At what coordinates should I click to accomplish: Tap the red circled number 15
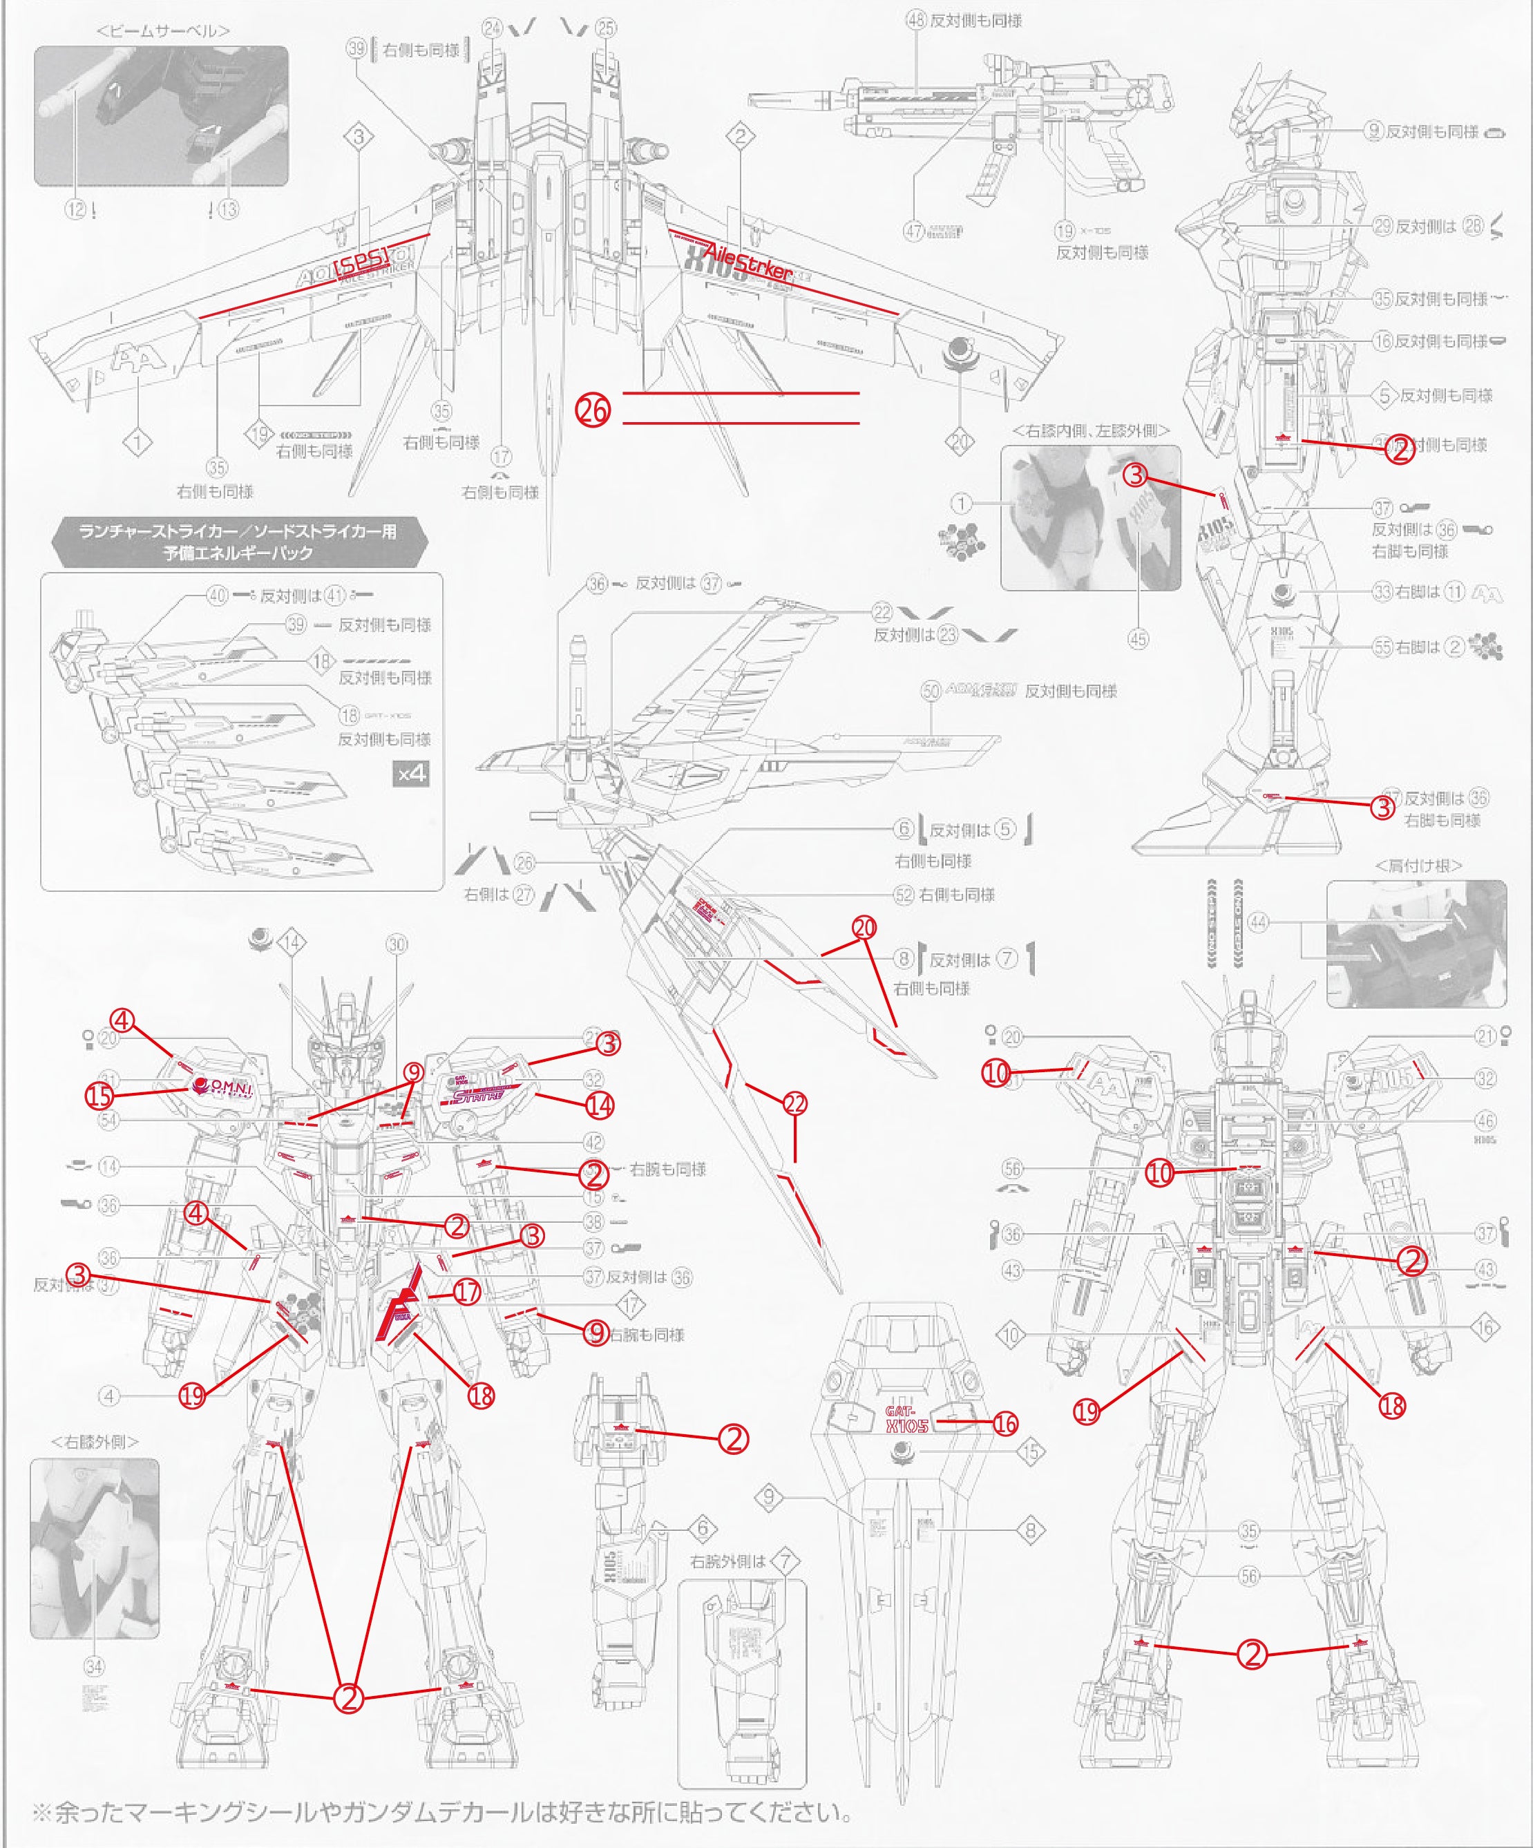[99, 1096]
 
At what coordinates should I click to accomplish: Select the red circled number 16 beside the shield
[1005, 1424]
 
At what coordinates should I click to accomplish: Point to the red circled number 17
[467, 1292]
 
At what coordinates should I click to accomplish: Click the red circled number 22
[794, 1103]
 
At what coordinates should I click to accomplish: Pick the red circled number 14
[599, 1105]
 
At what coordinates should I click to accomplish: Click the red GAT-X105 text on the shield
[906, 1418]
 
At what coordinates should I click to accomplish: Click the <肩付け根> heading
[1418, 865]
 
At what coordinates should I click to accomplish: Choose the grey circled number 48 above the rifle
[916, 20]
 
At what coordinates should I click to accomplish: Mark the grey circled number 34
[94, 1666]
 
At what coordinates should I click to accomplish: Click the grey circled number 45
[1138, 639]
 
